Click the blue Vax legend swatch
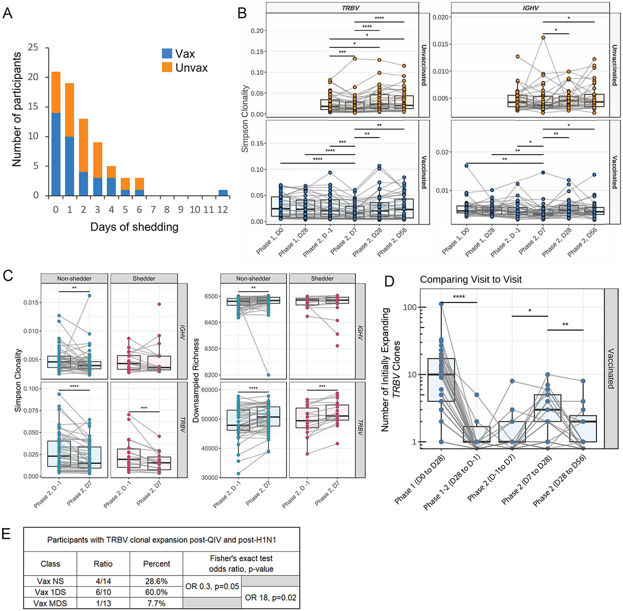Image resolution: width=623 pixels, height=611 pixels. (x=167, y=53)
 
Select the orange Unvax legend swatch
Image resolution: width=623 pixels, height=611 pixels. (x=167, y=67)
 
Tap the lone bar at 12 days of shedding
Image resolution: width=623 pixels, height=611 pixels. (x=223, y=193)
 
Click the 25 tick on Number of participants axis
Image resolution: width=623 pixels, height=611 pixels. (x=33, y=48)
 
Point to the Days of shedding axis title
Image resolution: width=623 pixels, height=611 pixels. (x=134, y=227)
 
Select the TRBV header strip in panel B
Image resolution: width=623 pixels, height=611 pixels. (x=342, y=8)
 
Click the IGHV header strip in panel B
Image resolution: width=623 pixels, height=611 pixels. (x=530, y=8)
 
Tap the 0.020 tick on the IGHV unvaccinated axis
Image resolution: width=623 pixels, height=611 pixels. (x=441, y=17)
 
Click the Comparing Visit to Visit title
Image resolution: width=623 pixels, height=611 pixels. (x=471, y=280)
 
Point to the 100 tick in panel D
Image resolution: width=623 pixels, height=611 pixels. (x=409, y=307)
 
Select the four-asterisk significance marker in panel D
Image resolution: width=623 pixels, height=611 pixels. (x=459, y=297)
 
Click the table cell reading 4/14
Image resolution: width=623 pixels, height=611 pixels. (x=103, y=581)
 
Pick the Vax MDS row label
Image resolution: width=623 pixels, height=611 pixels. (x=50, y=603)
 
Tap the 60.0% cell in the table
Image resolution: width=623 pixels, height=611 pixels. (x=156, y=592)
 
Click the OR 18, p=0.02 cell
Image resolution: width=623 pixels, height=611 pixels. (x=270, y=598)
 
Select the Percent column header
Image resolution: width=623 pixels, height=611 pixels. (x=156, y=564)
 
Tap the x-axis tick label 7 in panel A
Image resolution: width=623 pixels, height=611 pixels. (x=153, y=210)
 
